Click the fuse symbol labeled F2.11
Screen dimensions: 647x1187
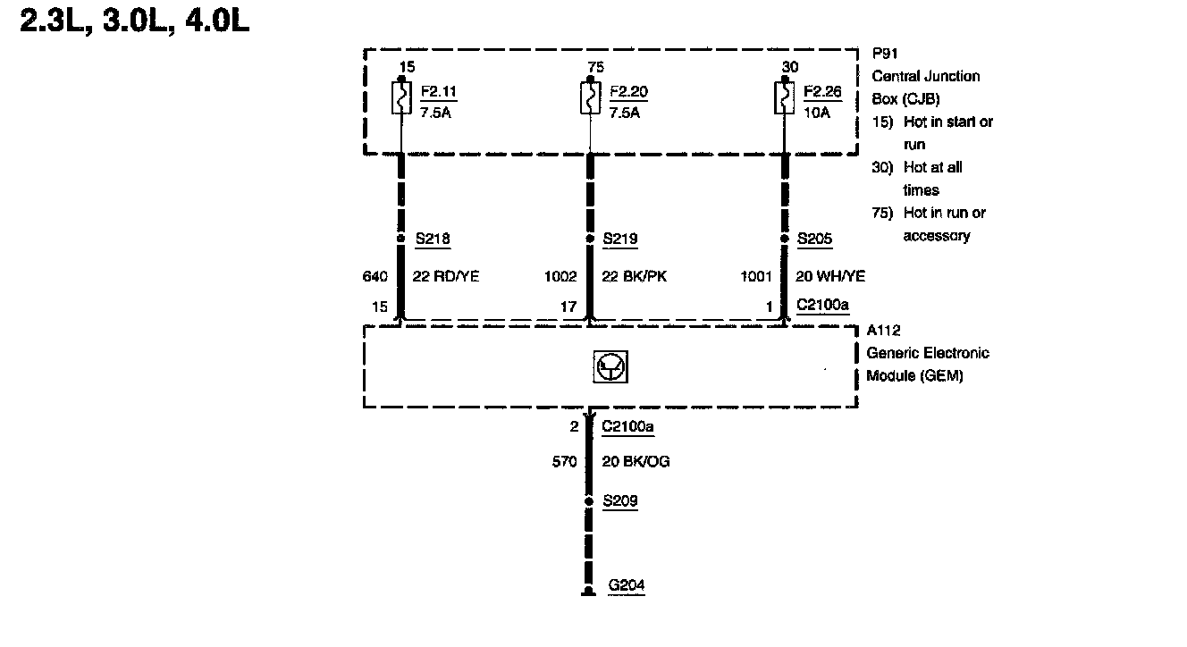(x=401, y=98)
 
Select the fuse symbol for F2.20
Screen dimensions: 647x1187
(x=589, y=98)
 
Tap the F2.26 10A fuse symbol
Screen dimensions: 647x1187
(x=785, y=98)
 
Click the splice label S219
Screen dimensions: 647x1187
(x=620, y=239)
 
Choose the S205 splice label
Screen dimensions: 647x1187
(x=814, y=239)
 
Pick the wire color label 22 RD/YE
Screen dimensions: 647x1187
(x=445, y=277)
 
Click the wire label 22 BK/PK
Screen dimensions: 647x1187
(x=635, y=277)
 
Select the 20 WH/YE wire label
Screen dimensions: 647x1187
(x=830, y=277)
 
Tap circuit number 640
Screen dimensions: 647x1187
(x=374, y=277)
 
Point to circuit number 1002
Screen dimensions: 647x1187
(x=560, y=277)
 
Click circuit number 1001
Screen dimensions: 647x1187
(x=755, y=277)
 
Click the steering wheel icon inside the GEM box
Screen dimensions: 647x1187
(x=610, y=368)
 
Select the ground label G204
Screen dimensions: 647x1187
(x=626, y=586)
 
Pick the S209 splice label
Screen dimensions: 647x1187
(x=620, y=501)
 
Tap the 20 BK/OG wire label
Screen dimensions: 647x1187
(x=636, y=462)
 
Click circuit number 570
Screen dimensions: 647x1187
(x=567, y=462)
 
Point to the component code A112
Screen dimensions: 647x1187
(x=883, y=331)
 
